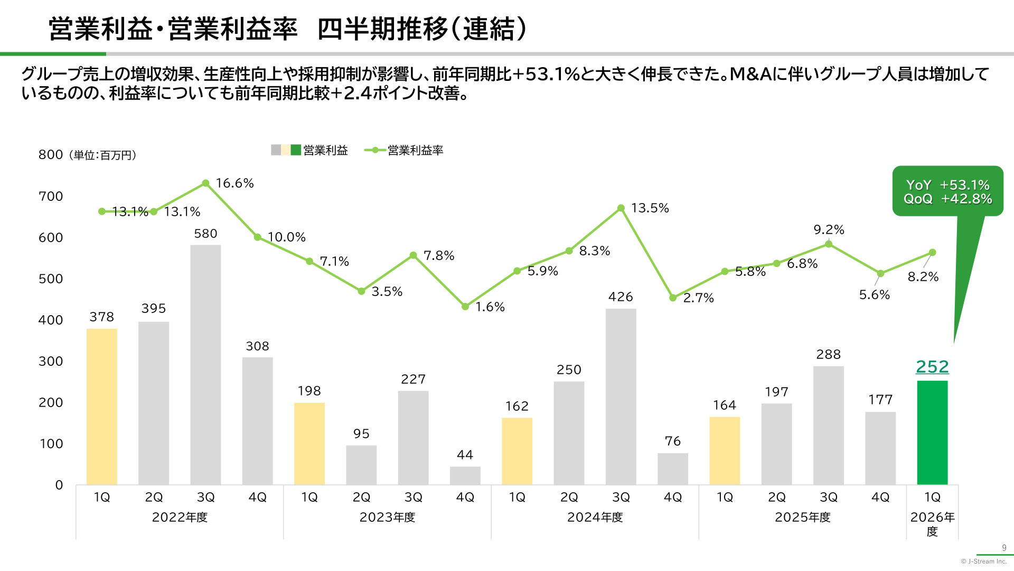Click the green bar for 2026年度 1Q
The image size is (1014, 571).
pyautogui.click(x=932, y=432)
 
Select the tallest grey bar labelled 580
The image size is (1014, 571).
pyautogui.click(x=205, y=365)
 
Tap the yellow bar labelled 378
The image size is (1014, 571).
pyautogui.click(x=102, y=407)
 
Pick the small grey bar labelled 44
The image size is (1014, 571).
pyautogui.click(x=465, y=475)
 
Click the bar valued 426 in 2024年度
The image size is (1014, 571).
pyautogui.click(x=621, y=397)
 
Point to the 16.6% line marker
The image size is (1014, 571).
pyautogui.click(x=205, y=183)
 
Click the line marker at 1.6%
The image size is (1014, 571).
pyautogui.click(x=465, y=307)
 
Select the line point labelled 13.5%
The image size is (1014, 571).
pyautogui.click(x=621, y=208)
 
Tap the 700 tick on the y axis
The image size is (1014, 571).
pyautogui.click(x=51, y=197)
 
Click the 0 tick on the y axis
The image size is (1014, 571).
pyautogui.click(x=59, y=485)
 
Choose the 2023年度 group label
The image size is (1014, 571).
pyautogui.click(x=387, y=517)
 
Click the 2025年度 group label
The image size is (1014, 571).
pyautogui.click(x=803, y=517)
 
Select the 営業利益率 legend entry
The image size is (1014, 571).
pyautogui.click(x=404, y=150)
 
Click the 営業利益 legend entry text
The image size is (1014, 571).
pyautogui.click(x=325, y=150)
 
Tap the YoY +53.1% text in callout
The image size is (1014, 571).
pyautogui.click(x=948, y=185)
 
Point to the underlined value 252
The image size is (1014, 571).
pyautogui.click(x=932, y=366)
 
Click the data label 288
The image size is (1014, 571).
pyautogui.click(x=829, y=354)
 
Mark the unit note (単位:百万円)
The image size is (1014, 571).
pyautogui.click(x=104, y=155)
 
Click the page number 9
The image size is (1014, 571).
pyautogui.click(x=1004, y=548)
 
